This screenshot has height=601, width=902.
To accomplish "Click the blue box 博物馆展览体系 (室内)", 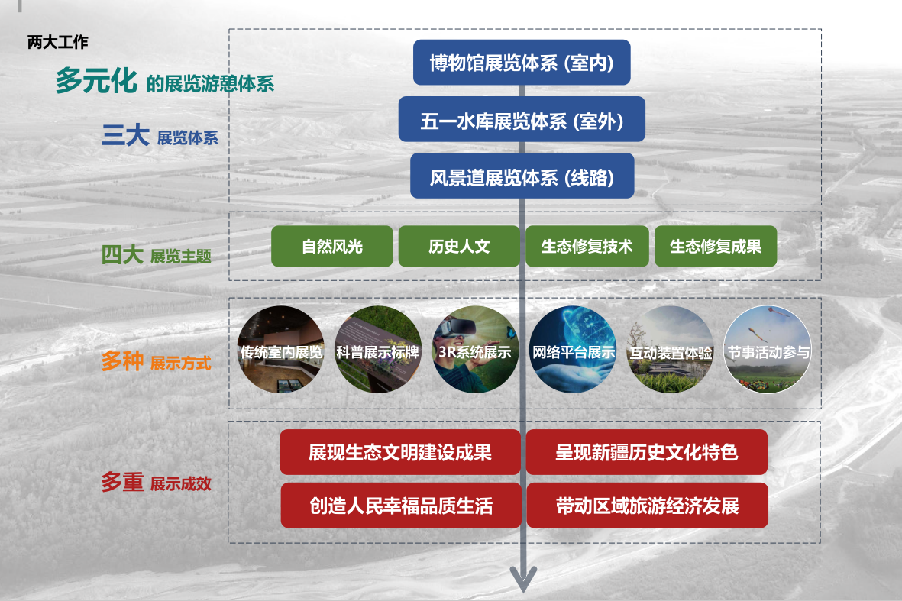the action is click(x=522, y=62).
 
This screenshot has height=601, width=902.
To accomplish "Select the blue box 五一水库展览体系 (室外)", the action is click(x=522, y=119).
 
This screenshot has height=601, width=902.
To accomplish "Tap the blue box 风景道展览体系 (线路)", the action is click(x=522, y=176).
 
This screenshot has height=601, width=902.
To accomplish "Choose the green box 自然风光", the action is click(x=332, y=246).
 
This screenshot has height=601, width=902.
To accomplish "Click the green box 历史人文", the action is click(x=459, y=246).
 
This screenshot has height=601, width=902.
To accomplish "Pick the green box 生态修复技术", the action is click(x=587, y=246).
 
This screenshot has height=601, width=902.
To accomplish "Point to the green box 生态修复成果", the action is click(x=716, y=246).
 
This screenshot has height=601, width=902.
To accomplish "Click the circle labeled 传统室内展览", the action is click(x=281, y=350).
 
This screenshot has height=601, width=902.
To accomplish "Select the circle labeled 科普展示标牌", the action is click(x=378, y=350).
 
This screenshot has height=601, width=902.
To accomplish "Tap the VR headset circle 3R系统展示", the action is click(x=476, y=350).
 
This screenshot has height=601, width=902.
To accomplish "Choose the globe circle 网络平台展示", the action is click(x=573, y=350).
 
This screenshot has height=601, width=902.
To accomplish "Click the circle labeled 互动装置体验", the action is click(x=670, y=350).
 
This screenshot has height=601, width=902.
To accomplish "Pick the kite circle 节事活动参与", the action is click(x=768, y=350).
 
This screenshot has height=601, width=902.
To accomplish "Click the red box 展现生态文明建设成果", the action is click(x=400, y=452).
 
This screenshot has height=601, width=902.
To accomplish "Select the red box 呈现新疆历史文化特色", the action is click(x=647, y=452).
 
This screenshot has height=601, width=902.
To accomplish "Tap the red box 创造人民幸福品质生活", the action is click(x=401, y=506).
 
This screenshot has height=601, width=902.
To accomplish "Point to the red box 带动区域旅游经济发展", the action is click(x=647, y=506).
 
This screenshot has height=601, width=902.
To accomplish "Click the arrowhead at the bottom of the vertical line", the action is click(x=523, y=580).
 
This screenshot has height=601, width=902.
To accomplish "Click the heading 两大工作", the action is click(x=57, y=42).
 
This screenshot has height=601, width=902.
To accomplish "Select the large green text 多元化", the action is click(x=96, y=80).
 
